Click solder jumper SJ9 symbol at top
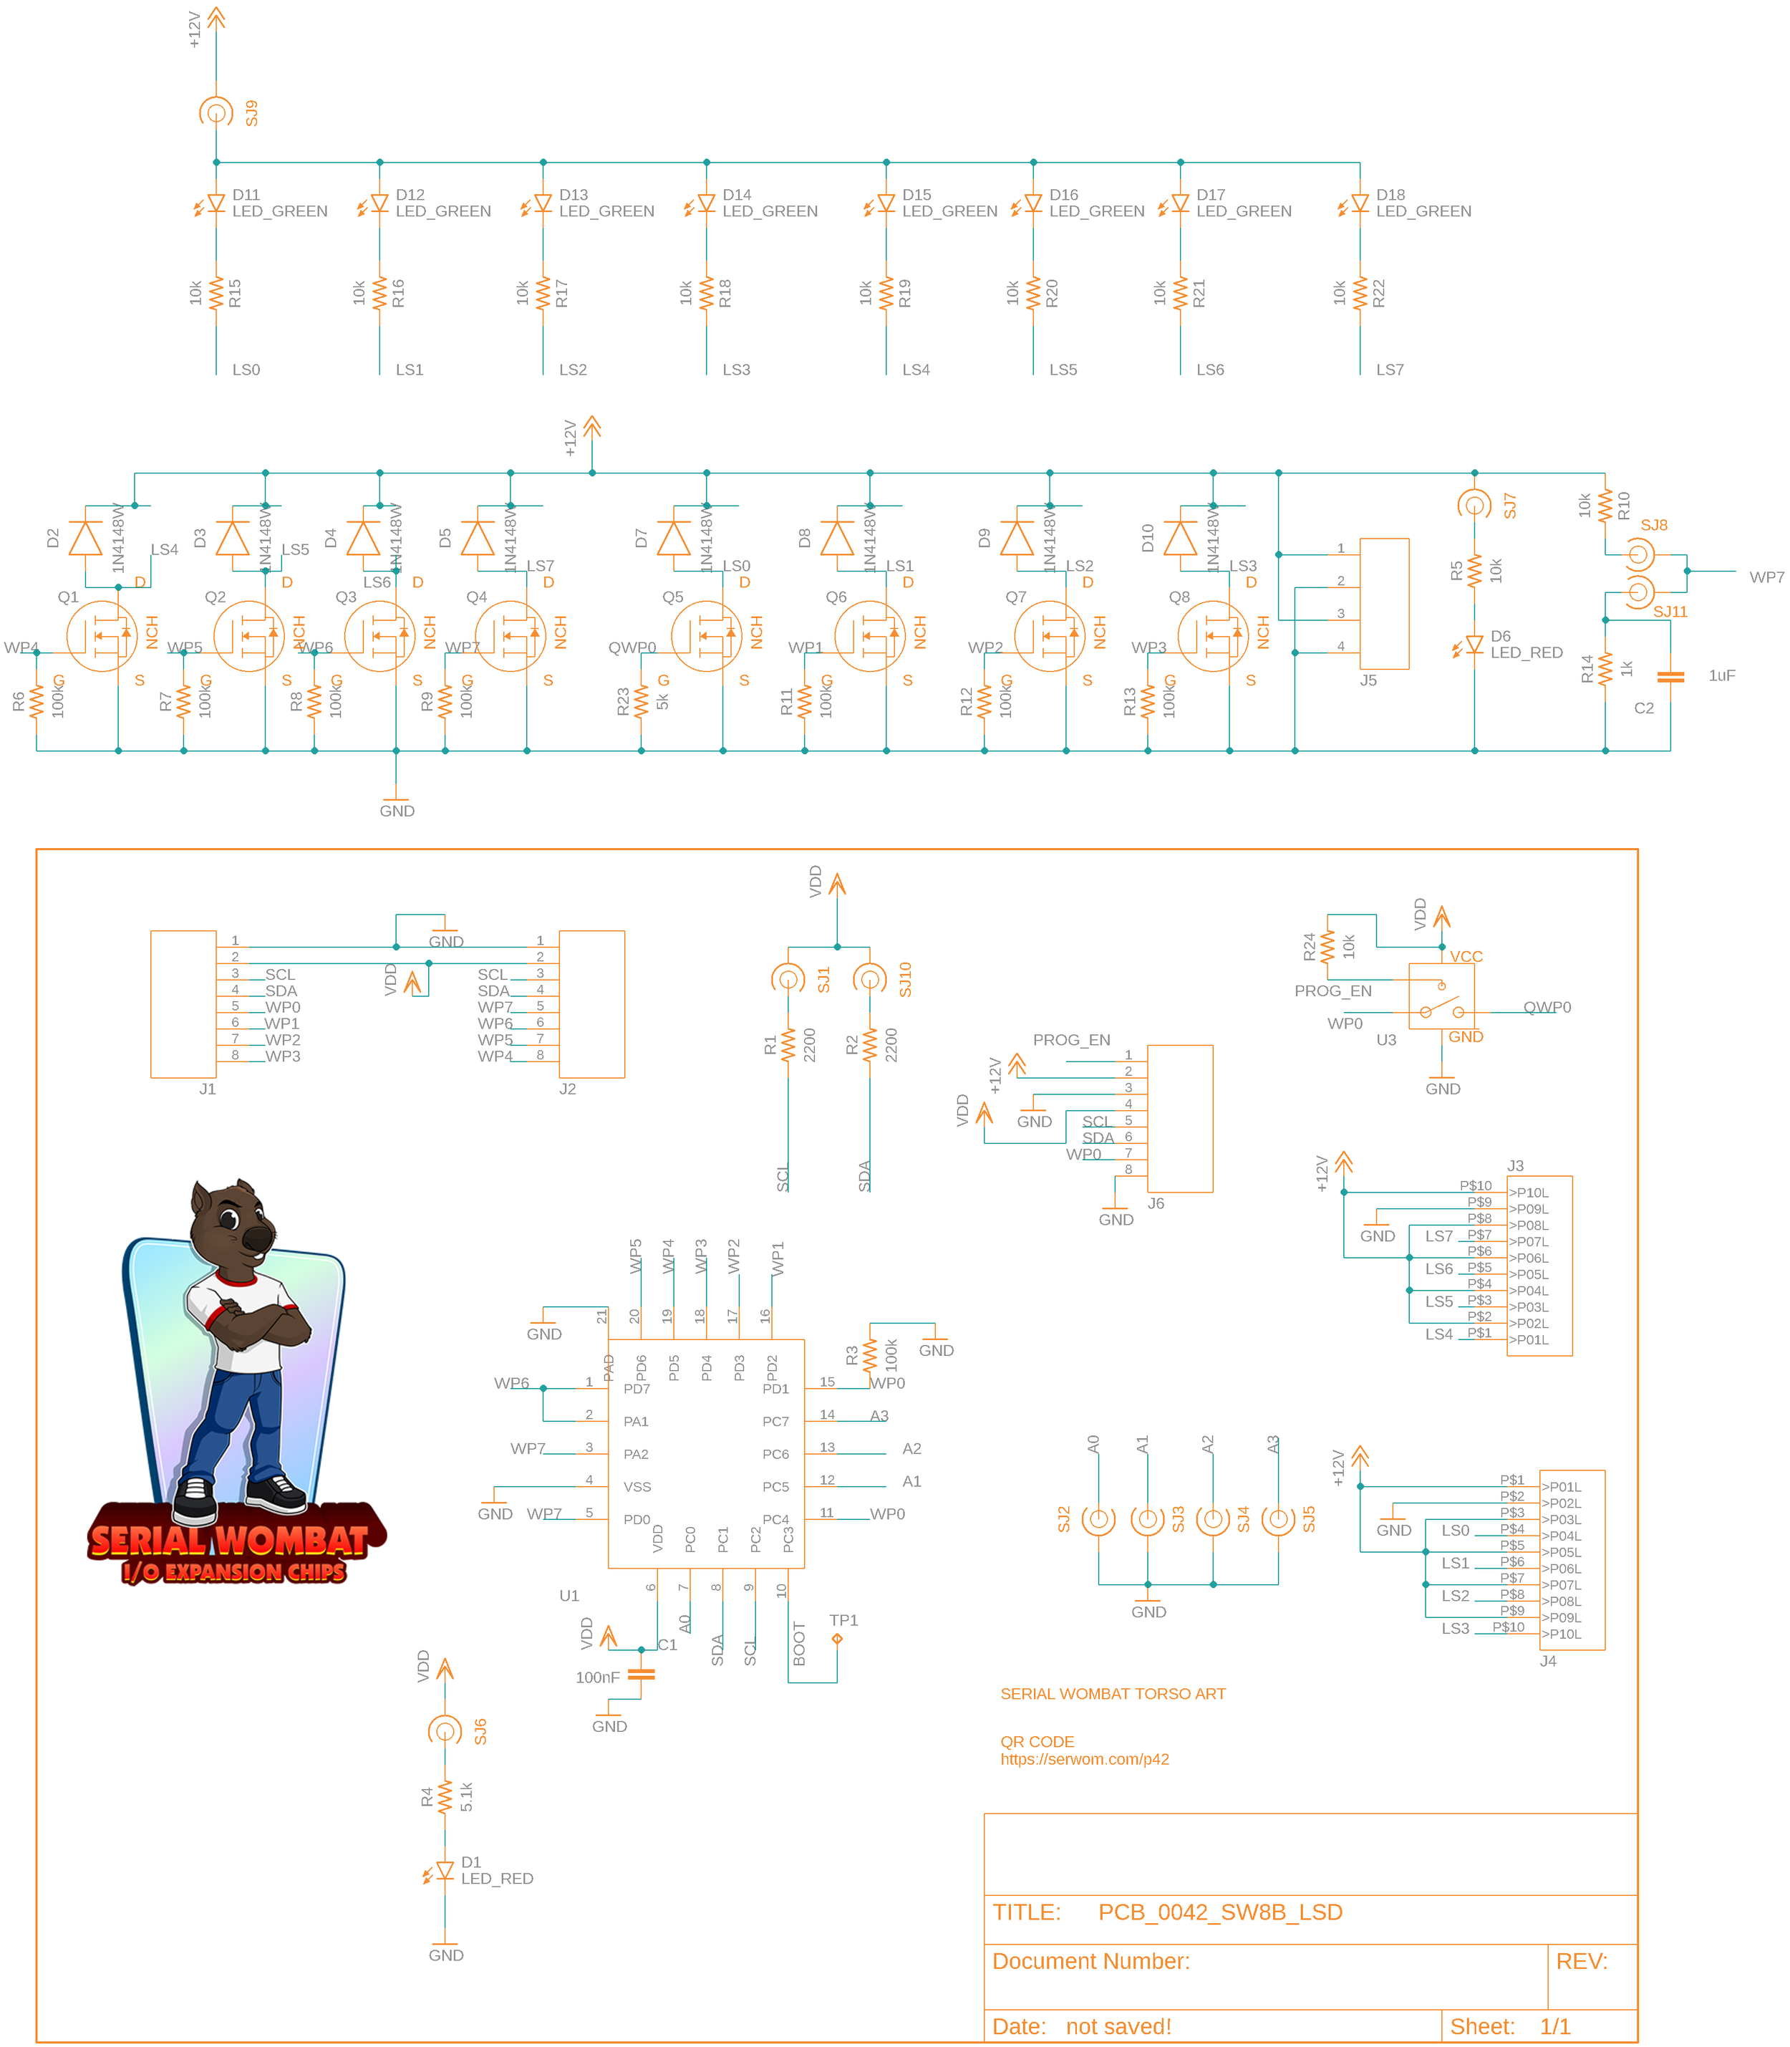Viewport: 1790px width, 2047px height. [x=216, y=112]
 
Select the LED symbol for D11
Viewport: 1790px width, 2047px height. [x=216, y=204]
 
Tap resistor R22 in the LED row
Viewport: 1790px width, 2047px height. [x=1360, y=294]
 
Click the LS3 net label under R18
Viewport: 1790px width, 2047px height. [x=736, y=370]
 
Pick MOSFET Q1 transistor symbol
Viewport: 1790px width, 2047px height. [x=102, y=635]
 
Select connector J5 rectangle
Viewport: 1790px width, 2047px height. [x=1385, y=603]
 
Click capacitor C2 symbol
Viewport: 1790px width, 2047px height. [x=1670, y=678]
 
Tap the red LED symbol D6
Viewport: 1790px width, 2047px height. [x=1474, y=645]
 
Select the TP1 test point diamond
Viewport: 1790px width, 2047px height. [x=837, y=1639]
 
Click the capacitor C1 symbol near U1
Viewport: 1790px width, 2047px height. [x=642, y=1675]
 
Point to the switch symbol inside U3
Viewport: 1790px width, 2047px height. [x=1441, y=1000]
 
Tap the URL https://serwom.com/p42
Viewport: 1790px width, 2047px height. [x=1085, y=1759]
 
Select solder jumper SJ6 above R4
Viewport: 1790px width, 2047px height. [x=445, y=1730]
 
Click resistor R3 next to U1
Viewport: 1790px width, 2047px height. [x=870, y=1356]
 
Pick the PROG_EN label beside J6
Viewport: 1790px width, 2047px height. [x=1071, y=1040]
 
